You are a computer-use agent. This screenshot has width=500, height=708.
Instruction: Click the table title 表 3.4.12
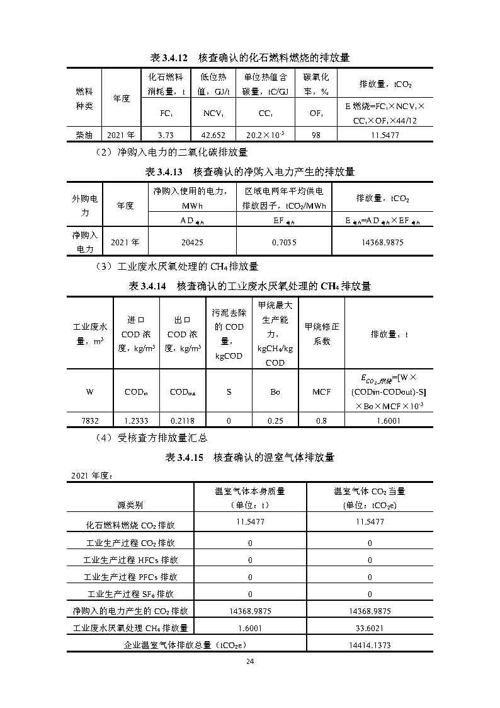coord(249,57)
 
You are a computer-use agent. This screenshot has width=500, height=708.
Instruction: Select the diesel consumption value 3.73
coord(165,135)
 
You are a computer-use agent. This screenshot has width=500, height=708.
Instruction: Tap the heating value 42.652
coord(213,135)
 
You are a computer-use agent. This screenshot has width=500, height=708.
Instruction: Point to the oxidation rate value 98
coord(316,135)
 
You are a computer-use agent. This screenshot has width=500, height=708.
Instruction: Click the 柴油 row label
coord(84,135)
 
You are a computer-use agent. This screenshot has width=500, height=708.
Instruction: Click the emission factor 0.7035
coord(284,241)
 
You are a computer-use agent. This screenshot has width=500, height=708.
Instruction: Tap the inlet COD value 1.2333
coord(136,421)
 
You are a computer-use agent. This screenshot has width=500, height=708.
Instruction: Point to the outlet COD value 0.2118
coord(183,421)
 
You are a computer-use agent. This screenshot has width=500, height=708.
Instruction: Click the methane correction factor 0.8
coord(321,421)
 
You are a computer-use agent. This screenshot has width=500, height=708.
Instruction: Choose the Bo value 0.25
coord(275,421)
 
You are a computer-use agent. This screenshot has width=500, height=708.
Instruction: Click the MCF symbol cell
coord(321,392)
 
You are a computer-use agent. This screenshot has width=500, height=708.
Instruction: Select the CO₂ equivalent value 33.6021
coord(370,627)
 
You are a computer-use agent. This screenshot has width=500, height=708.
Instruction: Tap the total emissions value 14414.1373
coord(370,645)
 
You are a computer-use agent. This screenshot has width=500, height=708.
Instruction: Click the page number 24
coord(250,661)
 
